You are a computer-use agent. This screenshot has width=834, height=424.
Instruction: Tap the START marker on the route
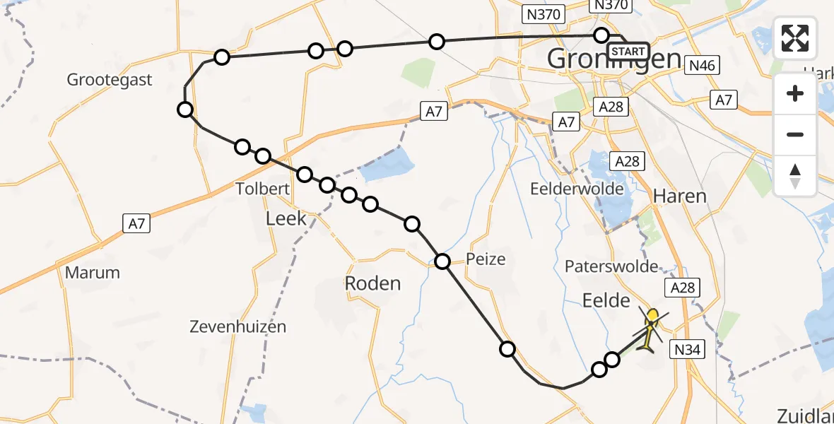(628, 51)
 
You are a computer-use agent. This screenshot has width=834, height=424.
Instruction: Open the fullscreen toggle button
(795, 38)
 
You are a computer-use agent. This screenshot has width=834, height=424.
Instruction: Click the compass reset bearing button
(795, 176)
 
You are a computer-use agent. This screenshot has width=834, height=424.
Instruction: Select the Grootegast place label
(110, 80)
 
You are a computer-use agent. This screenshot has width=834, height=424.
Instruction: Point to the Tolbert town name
(264, 189)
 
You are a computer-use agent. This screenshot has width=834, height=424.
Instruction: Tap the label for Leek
(286, 218)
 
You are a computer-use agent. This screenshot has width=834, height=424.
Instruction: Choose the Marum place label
(92, 273)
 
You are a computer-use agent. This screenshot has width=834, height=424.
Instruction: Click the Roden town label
(372, 283)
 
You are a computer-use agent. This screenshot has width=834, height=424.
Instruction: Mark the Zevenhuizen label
(238, 326)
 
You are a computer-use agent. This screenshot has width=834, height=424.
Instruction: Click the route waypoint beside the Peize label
(442, 262)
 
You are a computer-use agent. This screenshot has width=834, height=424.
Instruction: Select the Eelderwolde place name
(577, 189)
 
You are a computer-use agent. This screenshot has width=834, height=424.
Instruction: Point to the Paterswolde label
(611, 266)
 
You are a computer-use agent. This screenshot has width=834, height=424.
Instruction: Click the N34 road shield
(687, 348)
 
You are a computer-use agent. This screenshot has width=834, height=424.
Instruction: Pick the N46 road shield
(703, 66)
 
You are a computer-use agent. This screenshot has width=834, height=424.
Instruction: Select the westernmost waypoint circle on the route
(185, 109)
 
